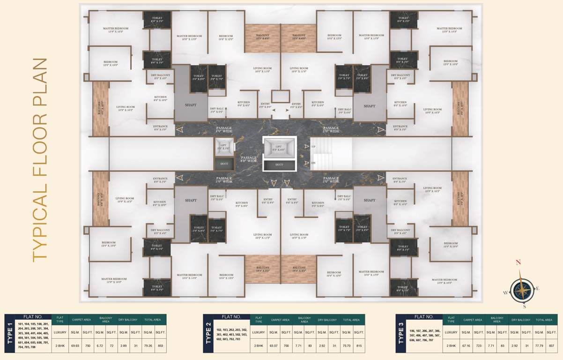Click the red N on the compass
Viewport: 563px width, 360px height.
[x=518, y=262]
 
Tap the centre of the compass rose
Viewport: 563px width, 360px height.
[x=522, y=289]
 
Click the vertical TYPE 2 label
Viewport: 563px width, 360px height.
[x=208, y=334]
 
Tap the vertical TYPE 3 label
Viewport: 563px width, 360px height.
[x=401, y=334]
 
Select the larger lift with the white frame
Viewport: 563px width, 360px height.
[x=279, y=149]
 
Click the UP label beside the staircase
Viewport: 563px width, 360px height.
[x=314, y=146]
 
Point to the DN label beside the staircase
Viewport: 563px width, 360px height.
[x=314, y=163]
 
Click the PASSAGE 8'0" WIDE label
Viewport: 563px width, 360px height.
[x=249, y=159]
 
